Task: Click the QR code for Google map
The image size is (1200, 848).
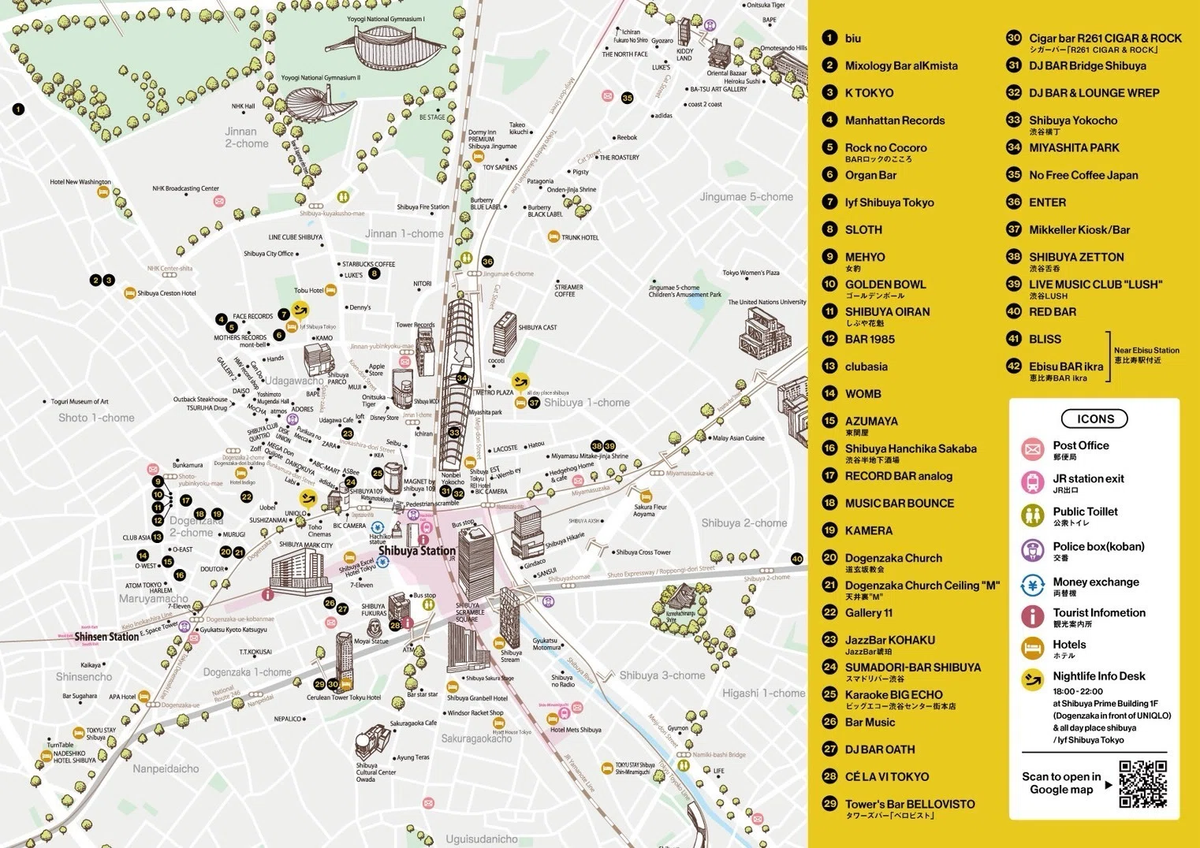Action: [1142, 783]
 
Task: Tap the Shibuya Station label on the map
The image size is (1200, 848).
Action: [417, 551]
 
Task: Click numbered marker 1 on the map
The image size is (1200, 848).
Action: [18, 110]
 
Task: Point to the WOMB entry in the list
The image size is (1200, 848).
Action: [863, 393]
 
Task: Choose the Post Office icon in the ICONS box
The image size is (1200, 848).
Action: [1032, 449]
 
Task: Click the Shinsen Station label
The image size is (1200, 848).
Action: [106, 637]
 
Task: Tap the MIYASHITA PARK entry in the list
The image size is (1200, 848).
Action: [1073, 147]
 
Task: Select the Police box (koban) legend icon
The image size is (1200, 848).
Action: [1032, 550]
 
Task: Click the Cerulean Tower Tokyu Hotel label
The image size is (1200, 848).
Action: [344, 697]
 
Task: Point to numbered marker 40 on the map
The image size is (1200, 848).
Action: [797, 558]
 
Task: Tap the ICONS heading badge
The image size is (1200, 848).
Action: [1095, 419]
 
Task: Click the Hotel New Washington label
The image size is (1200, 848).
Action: [80, 182]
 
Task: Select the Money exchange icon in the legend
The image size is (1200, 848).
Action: [1032, 585]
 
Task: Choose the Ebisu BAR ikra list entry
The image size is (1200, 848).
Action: [1065, 366]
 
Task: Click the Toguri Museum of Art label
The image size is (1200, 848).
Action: [80, 402]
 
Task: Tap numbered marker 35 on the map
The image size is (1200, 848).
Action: [627, 99]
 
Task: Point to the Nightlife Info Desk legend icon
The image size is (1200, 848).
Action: [1032, 679]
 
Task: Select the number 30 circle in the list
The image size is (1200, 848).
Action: [1014, 38]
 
